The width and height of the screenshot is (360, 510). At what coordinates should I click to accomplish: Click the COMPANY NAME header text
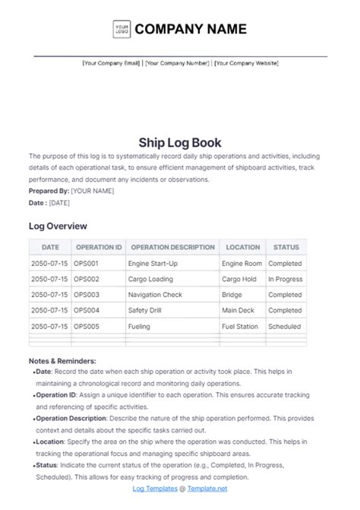[191, 30]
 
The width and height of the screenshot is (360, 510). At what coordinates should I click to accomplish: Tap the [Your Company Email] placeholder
[112, 64]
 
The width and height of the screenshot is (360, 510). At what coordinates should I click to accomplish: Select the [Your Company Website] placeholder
[246, 64]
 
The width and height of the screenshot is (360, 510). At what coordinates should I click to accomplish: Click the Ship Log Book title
[179, 141]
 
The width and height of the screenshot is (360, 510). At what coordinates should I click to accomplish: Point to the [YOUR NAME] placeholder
[93, 191]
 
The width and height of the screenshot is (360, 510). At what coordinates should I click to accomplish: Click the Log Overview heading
[58, 226]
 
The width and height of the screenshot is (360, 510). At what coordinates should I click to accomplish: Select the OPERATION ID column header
[98, 247]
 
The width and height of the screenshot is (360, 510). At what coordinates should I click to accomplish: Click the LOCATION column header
[242, 247]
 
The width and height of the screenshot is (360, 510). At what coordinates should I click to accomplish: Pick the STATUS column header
[286, 247]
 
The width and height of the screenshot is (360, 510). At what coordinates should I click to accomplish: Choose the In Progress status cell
[286, 279]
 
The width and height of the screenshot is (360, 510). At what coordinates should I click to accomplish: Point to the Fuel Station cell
[240, 326]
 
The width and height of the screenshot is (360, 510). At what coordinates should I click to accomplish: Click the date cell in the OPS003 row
[49, 295]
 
